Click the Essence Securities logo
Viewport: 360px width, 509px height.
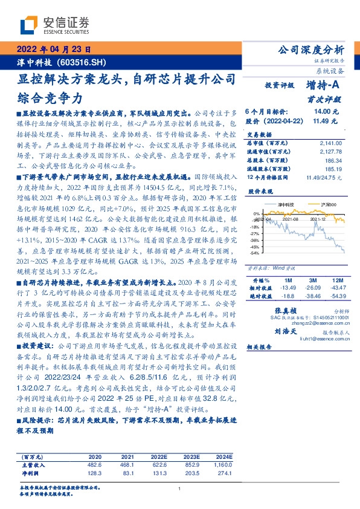click(x=54, y=25)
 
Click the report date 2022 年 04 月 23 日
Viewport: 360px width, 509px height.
click(x=54, y=50)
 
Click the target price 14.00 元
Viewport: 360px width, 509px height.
click(x=328, y=112)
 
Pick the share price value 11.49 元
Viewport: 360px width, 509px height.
click(x=328, y=121)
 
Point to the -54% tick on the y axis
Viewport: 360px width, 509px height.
click(x=256, y=253)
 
